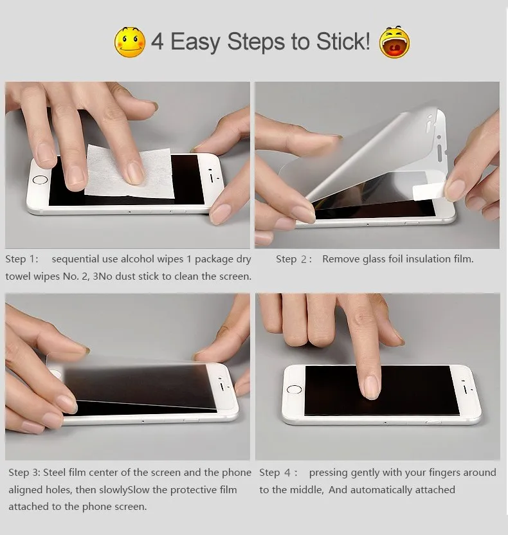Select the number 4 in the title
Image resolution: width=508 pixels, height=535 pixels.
(158, 42)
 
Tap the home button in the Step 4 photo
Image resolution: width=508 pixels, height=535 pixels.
(295, 390)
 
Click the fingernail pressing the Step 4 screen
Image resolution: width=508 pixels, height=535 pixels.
(372, 386)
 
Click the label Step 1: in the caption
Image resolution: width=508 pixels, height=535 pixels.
(22, 259)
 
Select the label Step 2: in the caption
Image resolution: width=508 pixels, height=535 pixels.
(294, 259)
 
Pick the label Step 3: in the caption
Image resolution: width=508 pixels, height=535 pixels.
(24, 473)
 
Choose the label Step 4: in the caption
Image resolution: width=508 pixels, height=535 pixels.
(278, 473)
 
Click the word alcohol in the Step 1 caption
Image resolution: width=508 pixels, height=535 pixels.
(138, 259)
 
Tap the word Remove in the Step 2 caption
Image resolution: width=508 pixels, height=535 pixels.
(341, 259)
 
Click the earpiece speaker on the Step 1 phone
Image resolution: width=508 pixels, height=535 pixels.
(212, 173)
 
